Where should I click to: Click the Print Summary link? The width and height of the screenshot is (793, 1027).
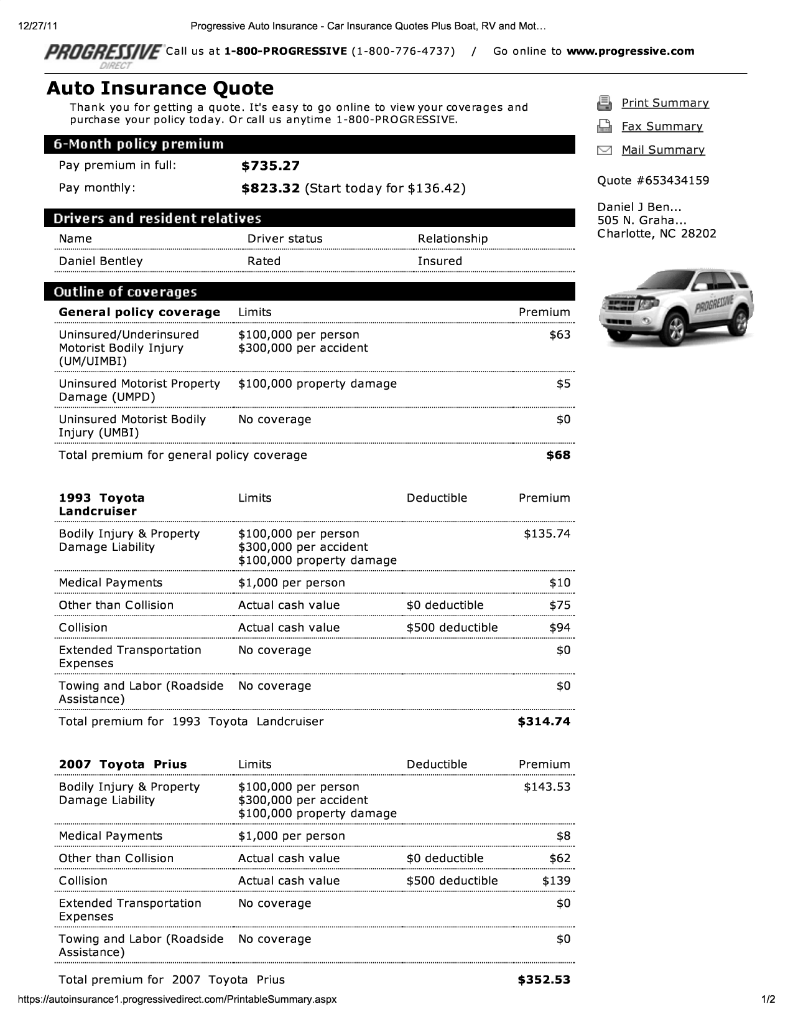coord(665,103)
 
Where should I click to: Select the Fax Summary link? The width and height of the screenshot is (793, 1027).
coord(662,127)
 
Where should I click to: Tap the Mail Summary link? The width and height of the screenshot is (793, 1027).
coord(663,150)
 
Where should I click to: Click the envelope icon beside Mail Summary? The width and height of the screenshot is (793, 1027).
coord(604,150)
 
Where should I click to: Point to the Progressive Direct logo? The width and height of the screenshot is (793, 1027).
coord(103,54)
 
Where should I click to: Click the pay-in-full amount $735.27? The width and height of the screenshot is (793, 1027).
coord(271,166)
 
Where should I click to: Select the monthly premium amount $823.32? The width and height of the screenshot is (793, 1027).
coord(271,189)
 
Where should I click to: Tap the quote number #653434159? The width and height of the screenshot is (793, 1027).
coord(653,181)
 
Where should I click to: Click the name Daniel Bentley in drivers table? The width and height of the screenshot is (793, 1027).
coord(101,261)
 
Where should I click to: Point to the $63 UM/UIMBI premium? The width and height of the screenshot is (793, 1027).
coord(560,335)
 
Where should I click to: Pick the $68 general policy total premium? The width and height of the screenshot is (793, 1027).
coord(558,456)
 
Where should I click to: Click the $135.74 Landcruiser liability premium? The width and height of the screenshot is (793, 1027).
coord(547,534)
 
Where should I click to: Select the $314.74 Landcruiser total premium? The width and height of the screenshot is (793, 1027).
coord(544,722)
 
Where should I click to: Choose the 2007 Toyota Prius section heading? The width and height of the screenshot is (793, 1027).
coord(123,765)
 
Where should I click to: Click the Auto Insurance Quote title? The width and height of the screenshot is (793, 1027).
coord(160,88)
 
